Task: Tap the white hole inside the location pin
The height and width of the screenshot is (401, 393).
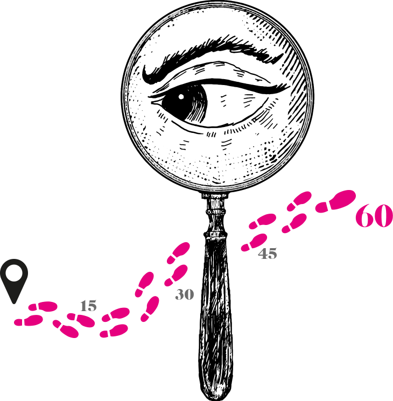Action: [14, 272]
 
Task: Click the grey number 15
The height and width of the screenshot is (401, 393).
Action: [88, 306]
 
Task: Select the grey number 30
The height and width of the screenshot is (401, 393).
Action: [185, 294]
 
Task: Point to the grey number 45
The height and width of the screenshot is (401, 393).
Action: [268, 254]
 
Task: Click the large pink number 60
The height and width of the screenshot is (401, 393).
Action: [374, 215]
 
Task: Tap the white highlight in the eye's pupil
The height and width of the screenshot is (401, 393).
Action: [181, 97]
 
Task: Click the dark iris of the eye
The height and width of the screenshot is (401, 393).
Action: [185, 102]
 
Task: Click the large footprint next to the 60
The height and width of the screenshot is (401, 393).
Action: [336, 201]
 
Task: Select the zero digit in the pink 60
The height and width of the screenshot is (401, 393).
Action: [383, 215]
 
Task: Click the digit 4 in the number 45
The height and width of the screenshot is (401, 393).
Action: [263, 254]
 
